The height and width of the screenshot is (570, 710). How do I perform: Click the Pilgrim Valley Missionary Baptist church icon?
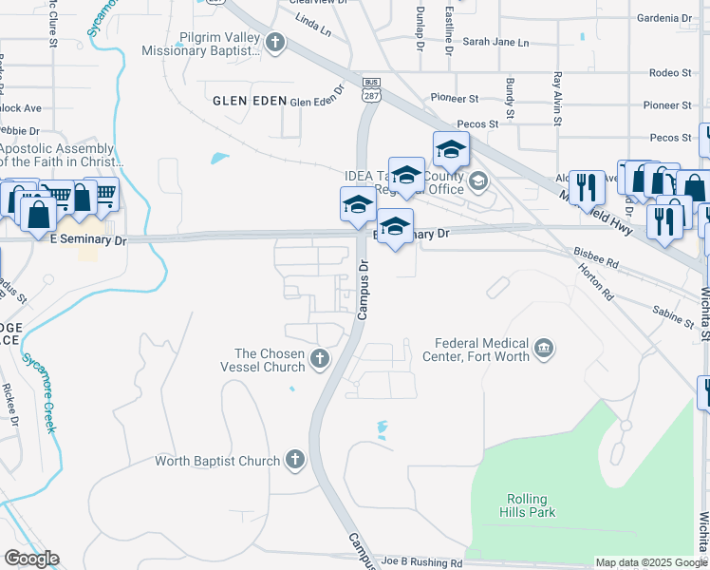pos(275,42)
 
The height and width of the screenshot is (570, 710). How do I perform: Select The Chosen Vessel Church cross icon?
pos(320,359)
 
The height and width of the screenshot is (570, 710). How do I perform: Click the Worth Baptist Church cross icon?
pos(294,461)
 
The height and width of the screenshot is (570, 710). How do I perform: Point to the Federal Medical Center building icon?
pos(543,350)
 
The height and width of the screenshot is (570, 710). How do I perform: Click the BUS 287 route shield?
pos(371,91)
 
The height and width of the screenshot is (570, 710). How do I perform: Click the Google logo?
pos(31,559)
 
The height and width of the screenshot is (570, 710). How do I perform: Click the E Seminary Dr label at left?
pos(87,241)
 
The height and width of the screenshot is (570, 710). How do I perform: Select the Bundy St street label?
pos(510,100)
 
